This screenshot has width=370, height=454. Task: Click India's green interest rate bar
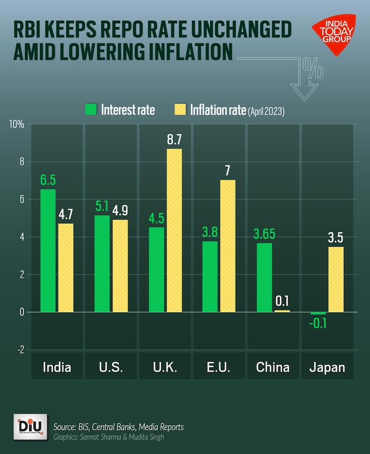pos(48,250)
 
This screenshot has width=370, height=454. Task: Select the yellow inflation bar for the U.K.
pos(174,230)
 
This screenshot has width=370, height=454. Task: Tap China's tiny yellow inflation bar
pos(282,311)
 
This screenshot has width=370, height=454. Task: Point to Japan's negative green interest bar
pos(318,313)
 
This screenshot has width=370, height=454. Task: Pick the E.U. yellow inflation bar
pos(227,246)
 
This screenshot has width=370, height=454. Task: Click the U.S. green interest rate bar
pos(102,264)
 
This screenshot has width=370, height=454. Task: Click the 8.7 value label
pos(174,140)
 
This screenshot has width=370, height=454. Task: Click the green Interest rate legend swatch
pos(91,110)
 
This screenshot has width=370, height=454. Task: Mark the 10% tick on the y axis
pos(17,124)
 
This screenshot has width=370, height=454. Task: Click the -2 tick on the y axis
pos(20,350)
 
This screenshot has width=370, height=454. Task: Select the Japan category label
pos(327,368)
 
